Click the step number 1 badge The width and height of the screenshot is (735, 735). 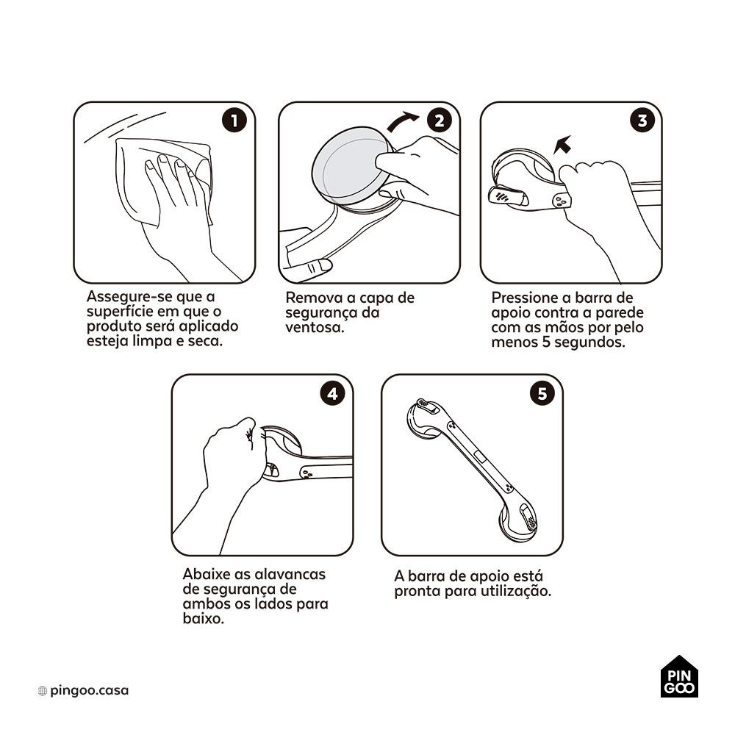(234, 121)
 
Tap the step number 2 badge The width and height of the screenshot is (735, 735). (440, 121)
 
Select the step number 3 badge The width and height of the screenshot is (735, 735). (642, 121)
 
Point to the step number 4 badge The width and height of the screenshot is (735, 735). (332, 393)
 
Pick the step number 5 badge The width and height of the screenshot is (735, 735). (542, 393)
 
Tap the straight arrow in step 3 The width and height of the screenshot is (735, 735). (562, 144)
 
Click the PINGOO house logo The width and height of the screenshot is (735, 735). (679, 676)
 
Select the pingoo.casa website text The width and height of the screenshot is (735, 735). (89, 690)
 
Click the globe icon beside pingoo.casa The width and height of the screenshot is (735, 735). (42, 690)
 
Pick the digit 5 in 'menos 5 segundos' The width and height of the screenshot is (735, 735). (546, 343)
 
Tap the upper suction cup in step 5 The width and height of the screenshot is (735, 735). (420, 420)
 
